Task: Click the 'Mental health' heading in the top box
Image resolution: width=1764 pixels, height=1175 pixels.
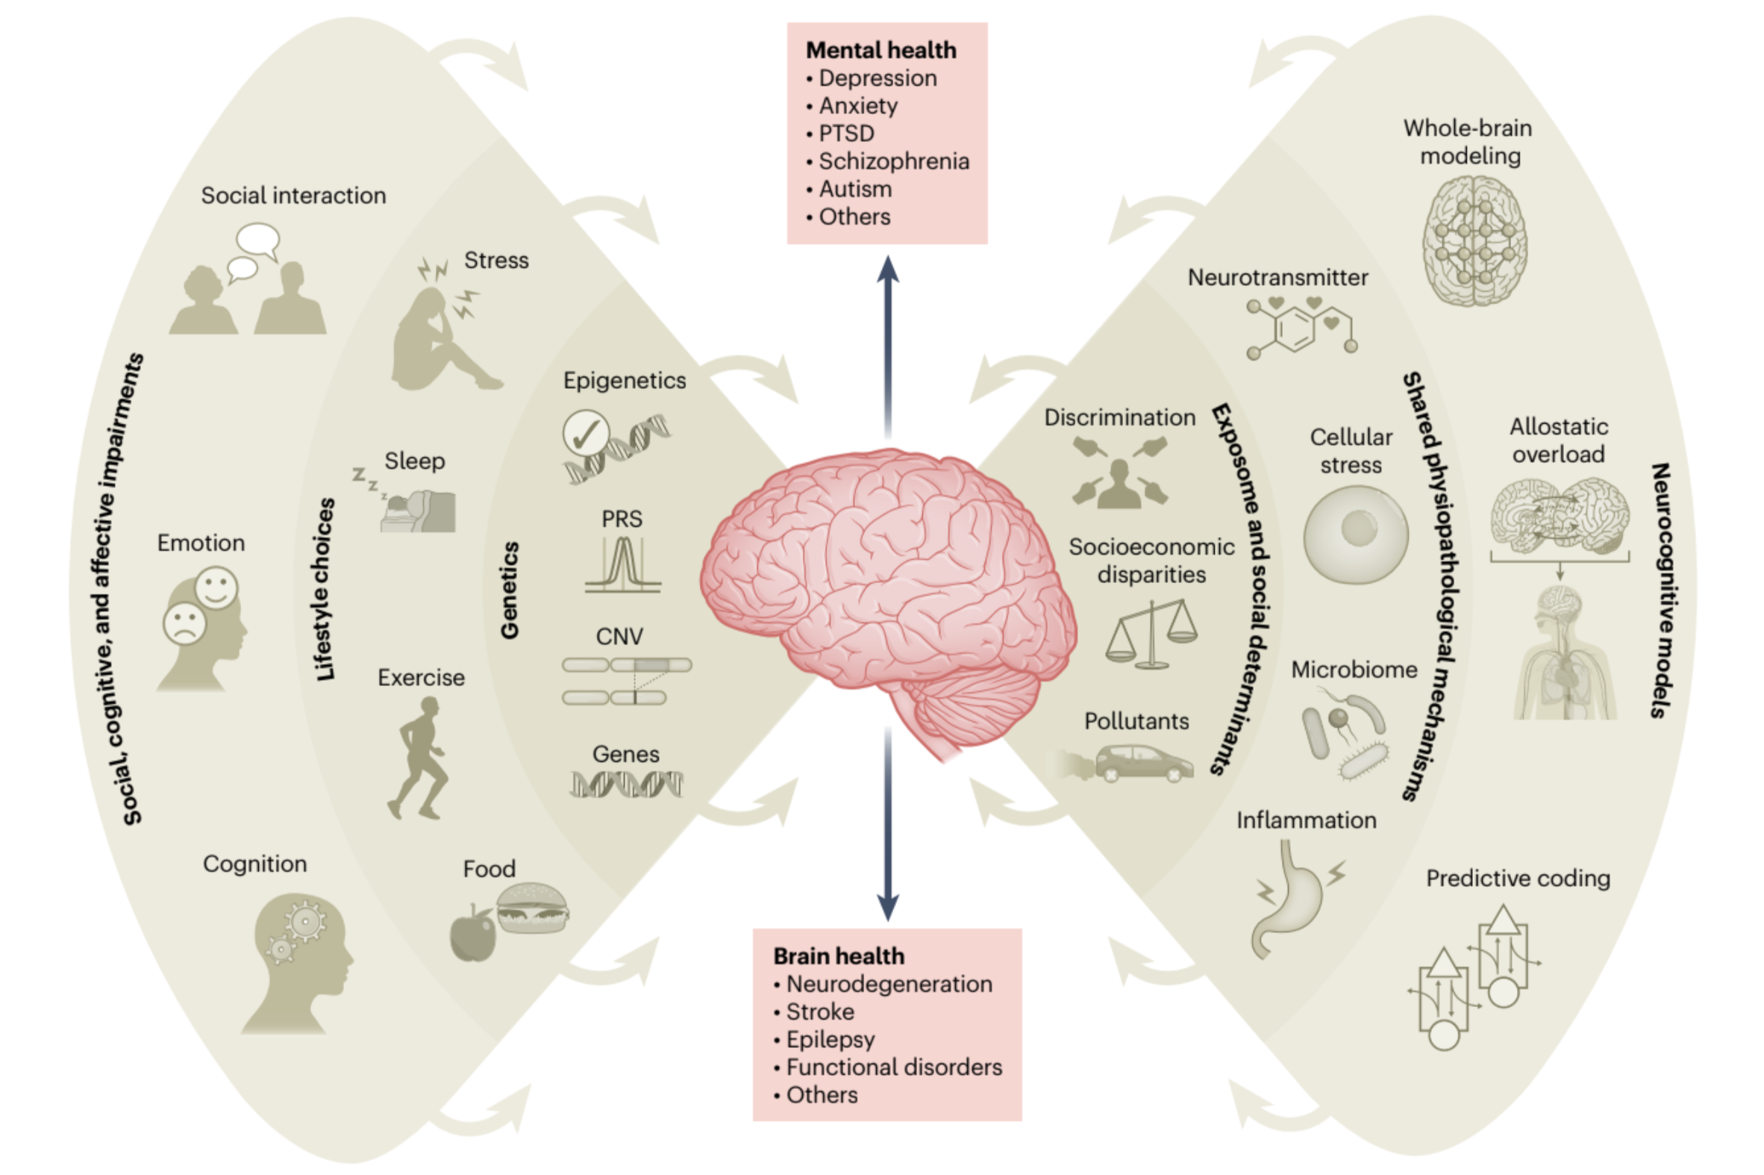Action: tap(880, 50)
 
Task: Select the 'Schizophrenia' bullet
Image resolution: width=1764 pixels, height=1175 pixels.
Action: tap(893, 161)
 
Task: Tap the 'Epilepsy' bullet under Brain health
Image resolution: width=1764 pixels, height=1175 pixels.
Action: tap(830, 1039)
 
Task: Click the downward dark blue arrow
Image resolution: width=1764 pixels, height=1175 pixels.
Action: tap(888, 824)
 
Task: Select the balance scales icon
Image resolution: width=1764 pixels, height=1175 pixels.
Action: tap(1152, 633)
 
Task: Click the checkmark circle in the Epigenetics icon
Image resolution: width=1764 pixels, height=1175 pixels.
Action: tap(586, 432)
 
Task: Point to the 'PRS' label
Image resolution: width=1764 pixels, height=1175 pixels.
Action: tap(622, 519)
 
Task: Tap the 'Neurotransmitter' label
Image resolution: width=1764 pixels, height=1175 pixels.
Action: tap(1277, 277)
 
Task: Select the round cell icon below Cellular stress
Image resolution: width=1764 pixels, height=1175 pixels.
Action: tap(1355, 534)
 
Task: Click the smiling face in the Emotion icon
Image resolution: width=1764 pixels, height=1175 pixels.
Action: tap(216, 587)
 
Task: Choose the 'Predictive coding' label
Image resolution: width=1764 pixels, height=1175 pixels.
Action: tap(1518, 878)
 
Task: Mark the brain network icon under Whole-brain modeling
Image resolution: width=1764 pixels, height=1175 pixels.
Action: tap(1474, 240)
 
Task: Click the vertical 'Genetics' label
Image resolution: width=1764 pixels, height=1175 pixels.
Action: tap(510, 590)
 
